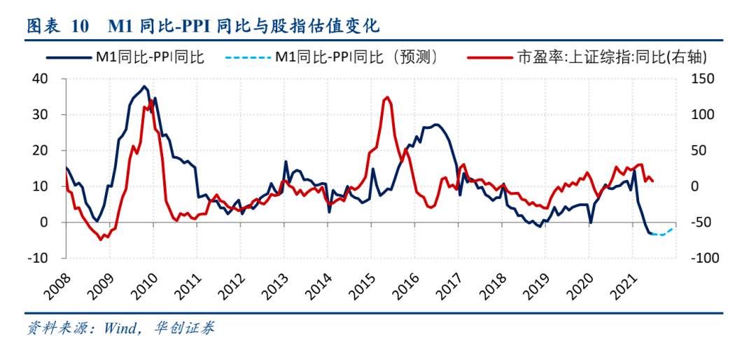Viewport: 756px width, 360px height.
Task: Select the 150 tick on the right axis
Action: [x=701, y=78]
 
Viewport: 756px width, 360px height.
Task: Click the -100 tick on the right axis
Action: [x=703, y=258]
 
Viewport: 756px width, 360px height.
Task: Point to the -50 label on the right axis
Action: [x=701, y=222]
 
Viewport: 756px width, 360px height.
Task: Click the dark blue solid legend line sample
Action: [x=69, y=57]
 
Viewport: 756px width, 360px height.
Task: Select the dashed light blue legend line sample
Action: [x=248, y=57]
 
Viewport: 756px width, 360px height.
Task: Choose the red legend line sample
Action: [x=488, y=57]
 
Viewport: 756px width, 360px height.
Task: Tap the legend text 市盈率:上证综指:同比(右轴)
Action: [x=610, y=57]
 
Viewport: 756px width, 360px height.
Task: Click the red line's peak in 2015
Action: [x=387, y=97]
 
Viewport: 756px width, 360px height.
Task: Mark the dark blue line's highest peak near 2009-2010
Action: [x=144, y=87]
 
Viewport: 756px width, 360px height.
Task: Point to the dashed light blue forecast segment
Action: [x=662, y=233]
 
